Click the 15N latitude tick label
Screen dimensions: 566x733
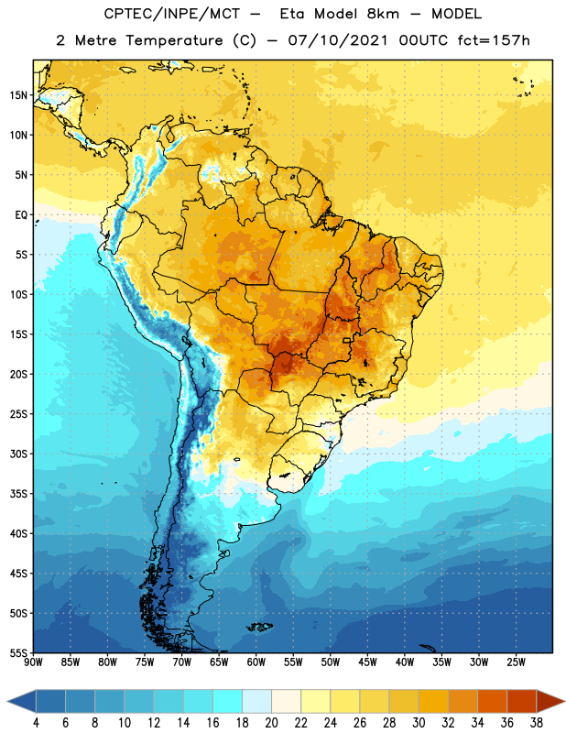tap(18, 95)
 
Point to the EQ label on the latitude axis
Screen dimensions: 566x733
tap(21, 215)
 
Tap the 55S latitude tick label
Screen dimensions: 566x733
tap(18, 652)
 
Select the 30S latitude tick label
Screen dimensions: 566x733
tap(18, 454)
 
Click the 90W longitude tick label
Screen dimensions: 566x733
tap(33, 662)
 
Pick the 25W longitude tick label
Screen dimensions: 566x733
tap(516, 662)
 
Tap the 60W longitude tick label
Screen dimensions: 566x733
tap(256, 662)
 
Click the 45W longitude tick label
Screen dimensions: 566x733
tap(367, 662)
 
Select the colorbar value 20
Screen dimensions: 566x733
tap(271, 723)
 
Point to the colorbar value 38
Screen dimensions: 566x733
tap(537, 723)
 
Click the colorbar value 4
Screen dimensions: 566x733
tap(36, 723)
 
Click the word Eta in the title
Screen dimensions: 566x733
tap(292, 14)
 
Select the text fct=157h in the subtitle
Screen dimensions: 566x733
tap(494, 40)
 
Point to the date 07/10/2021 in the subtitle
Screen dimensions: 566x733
tap(338, 40)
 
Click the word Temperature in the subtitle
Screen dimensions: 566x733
tap(174, 40)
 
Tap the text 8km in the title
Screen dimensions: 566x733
tap(383, 14)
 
